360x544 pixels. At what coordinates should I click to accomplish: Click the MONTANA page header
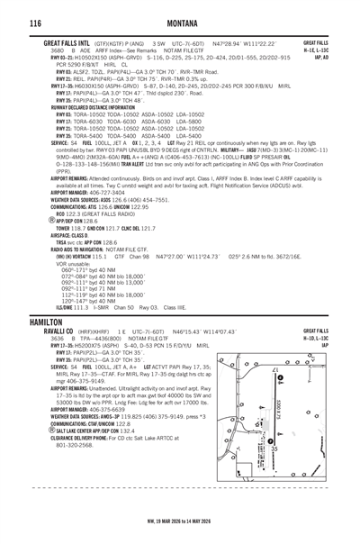click(180, 21)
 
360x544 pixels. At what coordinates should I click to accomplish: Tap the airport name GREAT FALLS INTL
click(70, 42)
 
